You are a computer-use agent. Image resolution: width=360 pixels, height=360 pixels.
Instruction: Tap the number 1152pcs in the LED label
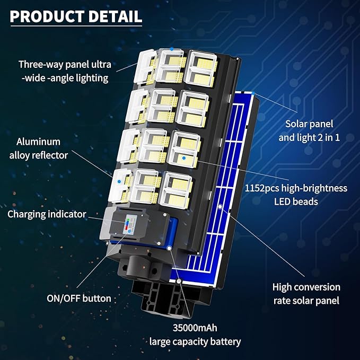point(264,188)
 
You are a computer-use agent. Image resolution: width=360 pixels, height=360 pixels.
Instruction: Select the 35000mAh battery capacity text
point(195,327)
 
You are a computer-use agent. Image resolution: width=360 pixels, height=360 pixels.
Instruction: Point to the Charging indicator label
point(47,215)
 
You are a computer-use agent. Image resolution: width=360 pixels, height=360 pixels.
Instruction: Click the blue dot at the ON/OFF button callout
point(168,247)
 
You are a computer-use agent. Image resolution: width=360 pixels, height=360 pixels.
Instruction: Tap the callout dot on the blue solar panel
point(219,205)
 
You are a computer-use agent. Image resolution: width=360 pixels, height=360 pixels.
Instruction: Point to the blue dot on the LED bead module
point(183,157)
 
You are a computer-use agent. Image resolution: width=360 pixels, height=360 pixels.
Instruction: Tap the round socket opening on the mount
point(139,265)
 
